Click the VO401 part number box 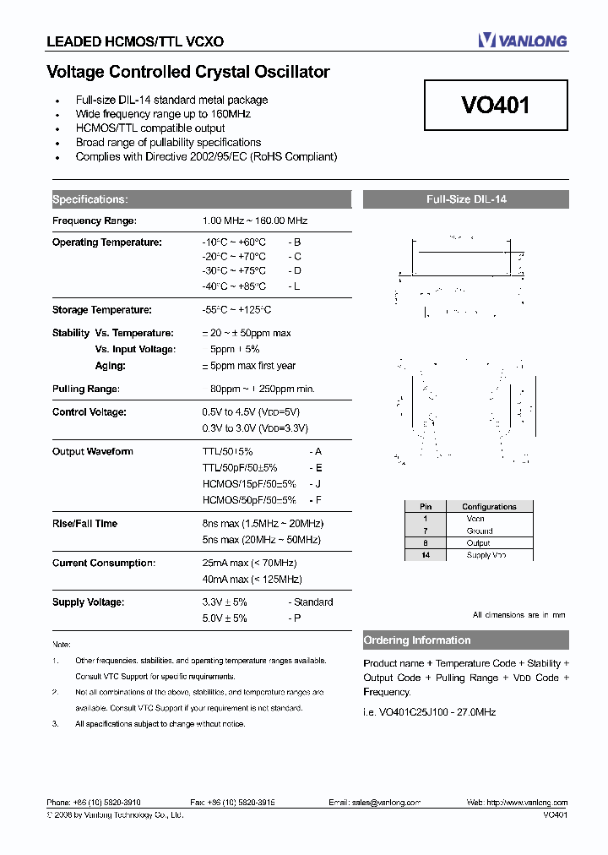click(496, 106)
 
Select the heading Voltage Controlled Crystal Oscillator click(187, 73)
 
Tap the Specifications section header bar click(200, 199)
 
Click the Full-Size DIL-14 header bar click(465, 200)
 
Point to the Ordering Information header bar click(465, 640)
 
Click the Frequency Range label click(94, 221)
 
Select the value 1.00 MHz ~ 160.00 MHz click(255, 221)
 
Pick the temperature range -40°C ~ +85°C click(234, 286)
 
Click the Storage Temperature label click(101, 310)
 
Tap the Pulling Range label click(86, 389)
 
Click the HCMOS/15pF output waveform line click(249, 484)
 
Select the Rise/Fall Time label click(84, 524)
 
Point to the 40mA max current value click(252, 580)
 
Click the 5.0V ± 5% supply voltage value click(225, 618)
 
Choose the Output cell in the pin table click(478, 543)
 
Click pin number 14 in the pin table click(426, 555)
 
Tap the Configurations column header click(489, 507)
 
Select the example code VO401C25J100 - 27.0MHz click(430, 711)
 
